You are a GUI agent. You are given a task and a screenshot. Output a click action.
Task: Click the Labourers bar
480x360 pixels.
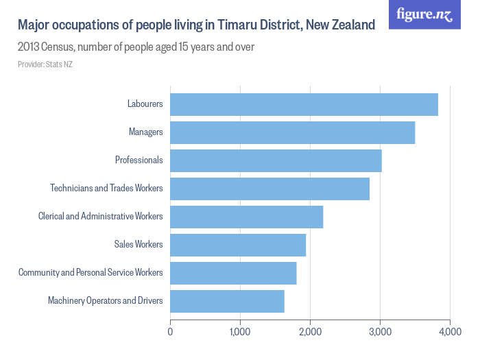[304, 104]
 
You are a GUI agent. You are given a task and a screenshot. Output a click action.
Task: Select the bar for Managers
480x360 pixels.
[292, 132]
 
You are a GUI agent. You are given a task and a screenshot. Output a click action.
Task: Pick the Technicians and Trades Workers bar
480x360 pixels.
[269, 189]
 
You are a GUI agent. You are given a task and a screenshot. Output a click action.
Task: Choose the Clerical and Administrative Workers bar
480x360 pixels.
[246, 217]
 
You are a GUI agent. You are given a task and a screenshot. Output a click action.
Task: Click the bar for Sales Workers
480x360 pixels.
[238, 245]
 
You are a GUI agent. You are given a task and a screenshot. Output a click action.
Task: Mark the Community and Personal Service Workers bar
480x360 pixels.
[233, 273]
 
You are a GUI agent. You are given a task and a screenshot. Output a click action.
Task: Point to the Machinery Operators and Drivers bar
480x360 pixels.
[227, 301]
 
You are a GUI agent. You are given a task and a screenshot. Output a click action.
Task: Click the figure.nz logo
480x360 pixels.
[424, 14]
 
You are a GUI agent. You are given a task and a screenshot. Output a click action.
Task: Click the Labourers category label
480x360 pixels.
[145, 104]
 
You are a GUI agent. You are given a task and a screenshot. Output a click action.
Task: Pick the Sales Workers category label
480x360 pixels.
[139, 245]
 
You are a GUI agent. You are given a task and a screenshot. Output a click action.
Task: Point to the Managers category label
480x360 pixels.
[145, 132]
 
